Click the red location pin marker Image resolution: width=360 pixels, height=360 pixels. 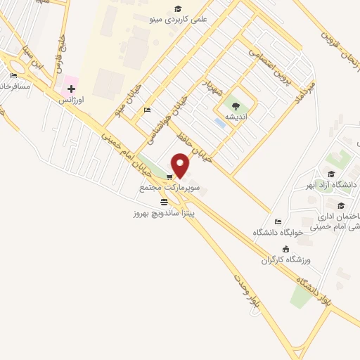181,166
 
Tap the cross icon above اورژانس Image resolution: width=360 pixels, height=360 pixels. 71,89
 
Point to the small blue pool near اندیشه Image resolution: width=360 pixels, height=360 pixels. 220,123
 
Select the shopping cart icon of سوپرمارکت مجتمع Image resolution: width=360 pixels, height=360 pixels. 169,176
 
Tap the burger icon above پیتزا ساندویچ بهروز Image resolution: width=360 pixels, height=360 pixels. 164,201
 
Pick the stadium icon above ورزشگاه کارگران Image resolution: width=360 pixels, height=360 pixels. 285,248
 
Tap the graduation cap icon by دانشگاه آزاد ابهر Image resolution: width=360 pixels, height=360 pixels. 330,174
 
